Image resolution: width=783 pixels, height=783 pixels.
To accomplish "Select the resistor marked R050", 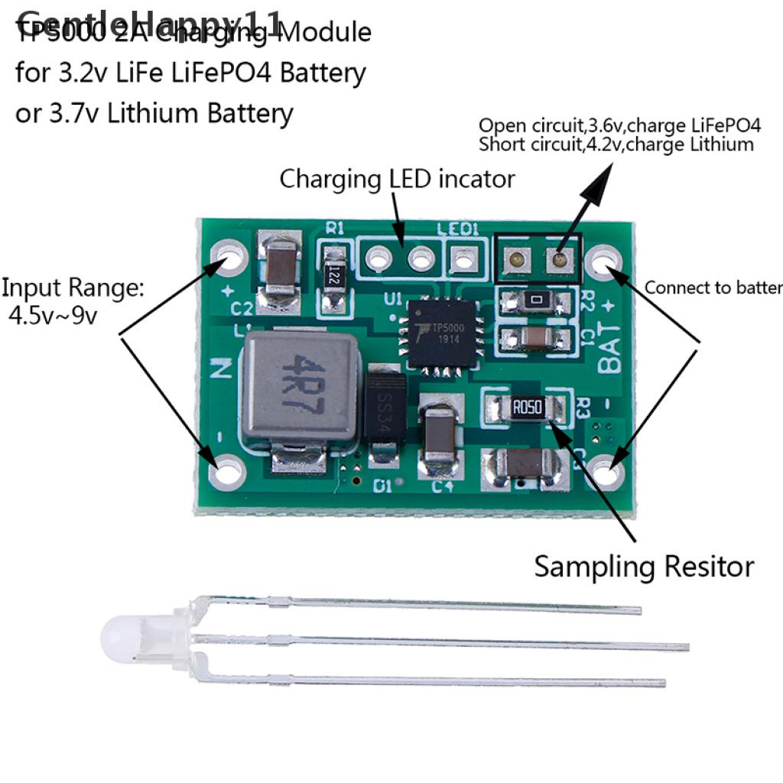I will pos(528,408).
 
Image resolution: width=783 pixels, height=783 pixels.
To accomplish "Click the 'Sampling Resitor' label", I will pos(644,567).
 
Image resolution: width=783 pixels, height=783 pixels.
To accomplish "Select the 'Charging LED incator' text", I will pos(397,179).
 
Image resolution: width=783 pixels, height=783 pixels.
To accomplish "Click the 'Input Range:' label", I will pos(72,288).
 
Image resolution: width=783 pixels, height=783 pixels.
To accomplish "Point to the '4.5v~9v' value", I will pos(53,315).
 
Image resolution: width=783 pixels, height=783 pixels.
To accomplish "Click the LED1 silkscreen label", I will pos(457,229).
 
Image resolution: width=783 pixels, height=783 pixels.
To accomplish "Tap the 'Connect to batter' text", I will pos(713,288).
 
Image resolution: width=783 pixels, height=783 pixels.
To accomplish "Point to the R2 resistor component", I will pos(538,301).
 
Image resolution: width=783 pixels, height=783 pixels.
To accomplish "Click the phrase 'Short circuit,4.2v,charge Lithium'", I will pos(616,144).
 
